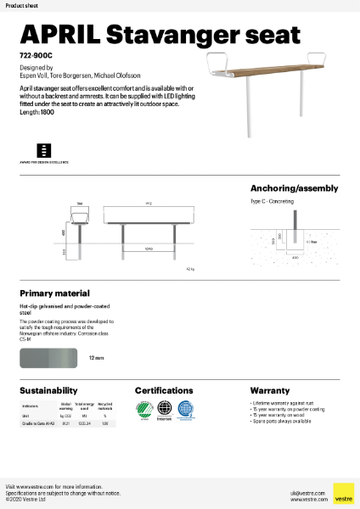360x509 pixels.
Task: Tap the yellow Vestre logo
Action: tap(343, 493)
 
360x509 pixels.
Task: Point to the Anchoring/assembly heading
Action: tap(294, 188)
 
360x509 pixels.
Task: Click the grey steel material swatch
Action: tap(49, 359)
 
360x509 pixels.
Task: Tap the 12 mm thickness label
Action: tap(96, 359)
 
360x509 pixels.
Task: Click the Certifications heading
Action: tap(170, 391)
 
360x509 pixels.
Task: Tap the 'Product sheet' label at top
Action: tap(21, 5)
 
